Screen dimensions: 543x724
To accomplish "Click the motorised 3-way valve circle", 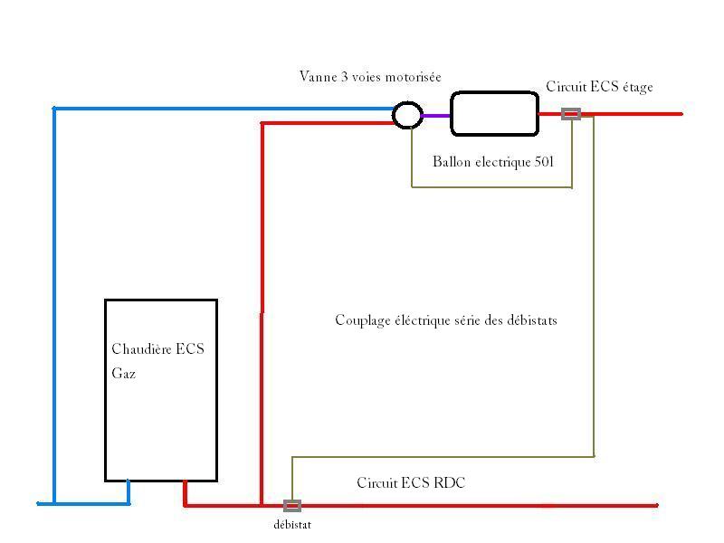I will click(x=407, y=115).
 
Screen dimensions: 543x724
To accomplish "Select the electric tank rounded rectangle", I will click(x=495, y=114).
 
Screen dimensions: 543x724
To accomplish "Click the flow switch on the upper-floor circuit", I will click(x=571, y=114).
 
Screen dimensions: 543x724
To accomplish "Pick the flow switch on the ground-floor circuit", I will click(x=292, y=506).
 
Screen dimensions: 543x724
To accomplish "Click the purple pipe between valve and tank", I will click(x=436, y=115).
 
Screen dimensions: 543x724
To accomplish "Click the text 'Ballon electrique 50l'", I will click(x=492, y=162).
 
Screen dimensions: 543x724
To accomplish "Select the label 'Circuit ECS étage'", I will click(x=599, y=87).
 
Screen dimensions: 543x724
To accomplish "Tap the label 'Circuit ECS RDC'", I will click(x=411, y=483).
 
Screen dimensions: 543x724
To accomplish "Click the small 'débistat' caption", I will click(x=292, y=525).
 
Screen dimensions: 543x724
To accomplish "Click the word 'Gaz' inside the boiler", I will click(x=124, y=373).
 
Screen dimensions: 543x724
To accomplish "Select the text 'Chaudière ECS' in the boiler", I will click(x=158, y=349).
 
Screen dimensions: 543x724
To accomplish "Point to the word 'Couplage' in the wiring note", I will click(x=363, y=320).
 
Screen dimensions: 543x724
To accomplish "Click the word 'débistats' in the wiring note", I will click(x=530, y=320).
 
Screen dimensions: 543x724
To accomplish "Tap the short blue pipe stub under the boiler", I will click(x=129, y=491).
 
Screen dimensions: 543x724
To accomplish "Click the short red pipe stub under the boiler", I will click(x=186, y=492).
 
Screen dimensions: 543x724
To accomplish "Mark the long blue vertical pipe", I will click(x=54, y=308).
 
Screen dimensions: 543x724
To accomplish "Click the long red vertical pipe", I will click(x=262, y=308).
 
